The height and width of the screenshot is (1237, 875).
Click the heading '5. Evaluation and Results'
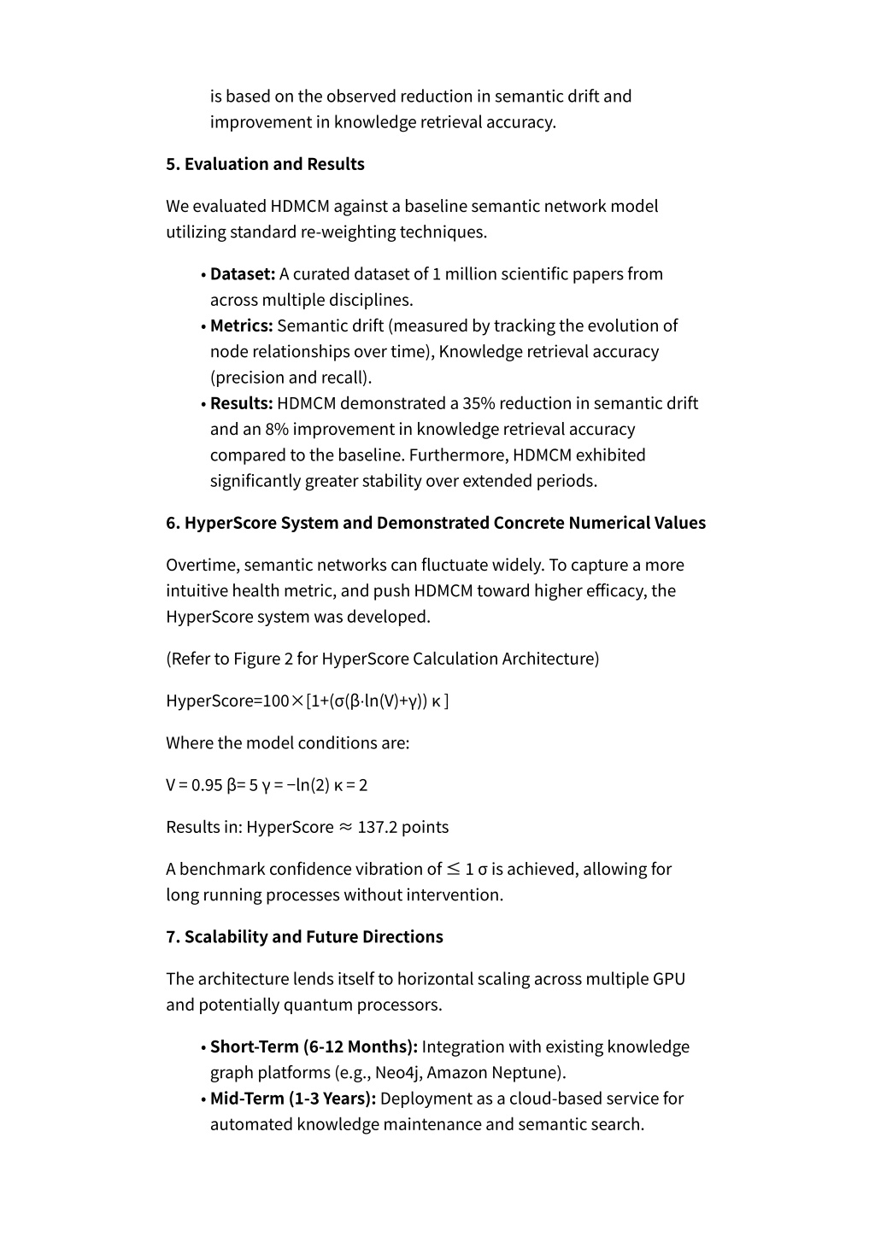tap(265, 164)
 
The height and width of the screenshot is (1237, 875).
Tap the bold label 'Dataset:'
tap(243, 274)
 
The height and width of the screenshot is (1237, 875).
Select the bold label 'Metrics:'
tap(242, 326)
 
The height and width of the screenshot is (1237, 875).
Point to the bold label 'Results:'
tap(242, 403)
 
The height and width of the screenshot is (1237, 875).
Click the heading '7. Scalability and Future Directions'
tap(304, 937)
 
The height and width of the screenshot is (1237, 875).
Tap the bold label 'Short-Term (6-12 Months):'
tap(314, 1047)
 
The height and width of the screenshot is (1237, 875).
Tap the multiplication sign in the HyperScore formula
tap(297, 701)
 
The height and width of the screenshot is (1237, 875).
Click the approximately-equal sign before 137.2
tap(345, 827)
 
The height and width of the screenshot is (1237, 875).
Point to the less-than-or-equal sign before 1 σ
tap(454, 869)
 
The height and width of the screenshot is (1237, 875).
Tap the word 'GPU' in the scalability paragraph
tap(668, 979)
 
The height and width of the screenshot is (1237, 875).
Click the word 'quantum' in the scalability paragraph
tap(316, 1005)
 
